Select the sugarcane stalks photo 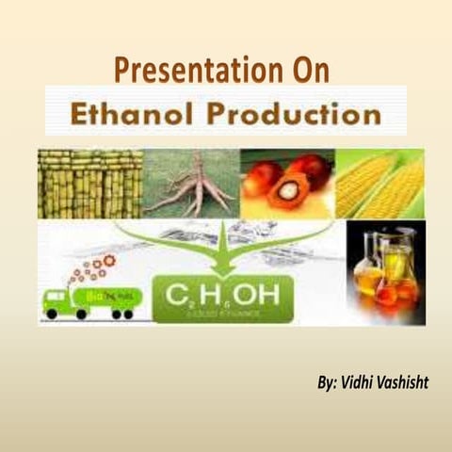click(89, 184)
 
